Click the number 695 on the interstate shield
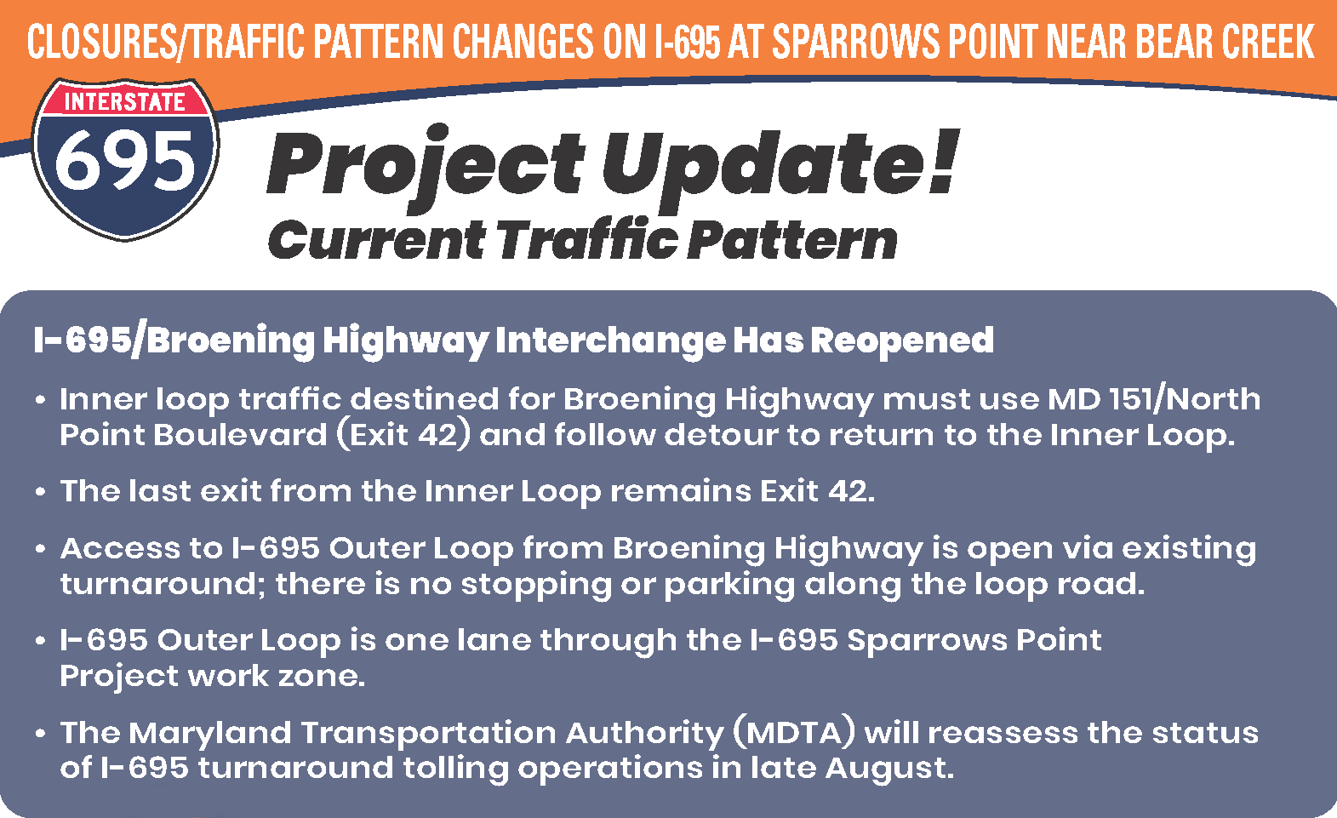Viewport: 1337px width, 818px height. [124, 163]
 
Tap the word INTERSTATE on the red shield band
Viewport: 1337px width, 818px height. [125, 102]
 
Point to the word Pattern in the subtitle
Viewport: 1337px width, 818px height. [792, 240]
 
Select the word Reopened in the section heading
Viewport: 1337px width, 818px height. [901, 340]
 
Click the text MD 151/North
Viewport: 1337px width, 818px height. [1154, 399]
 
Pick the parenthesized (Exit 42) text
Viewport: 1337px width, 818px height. [403, 435]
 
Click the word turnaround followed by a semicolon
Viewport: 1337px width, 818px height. [163, 584]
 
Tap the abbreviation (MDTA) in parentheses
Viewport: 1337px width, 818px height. [792, 733]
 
